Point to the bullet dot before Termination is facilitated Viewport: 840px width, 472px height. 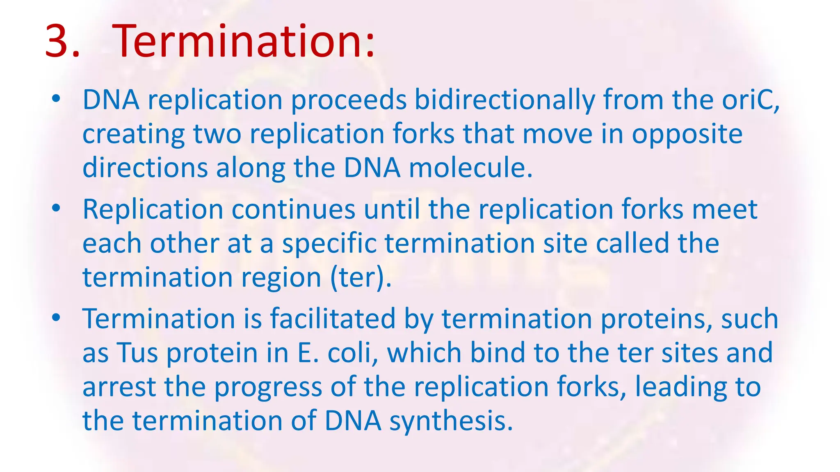(x=56, y=318)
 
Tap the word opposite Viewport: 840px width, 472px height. (x=687, y=134)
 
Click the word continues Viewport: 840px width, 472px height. (x=293, y=209)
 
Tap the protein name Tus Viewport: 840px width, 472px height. (x=137, y=353)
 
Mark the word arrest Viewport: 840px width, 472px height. (x=119, y=387)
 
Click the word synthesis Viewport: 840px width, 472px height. (x=451, y=421)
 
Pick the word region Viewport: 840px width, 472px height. (x=281, y=278)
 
